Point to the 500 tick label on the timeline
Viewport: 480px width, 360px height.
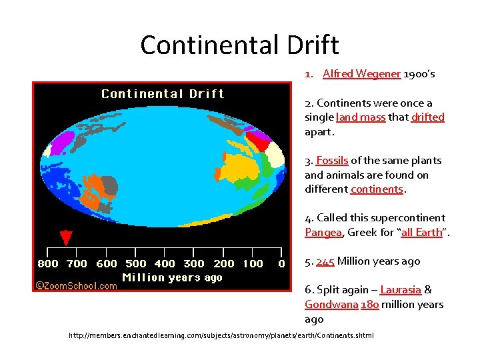click(x=136, y=264)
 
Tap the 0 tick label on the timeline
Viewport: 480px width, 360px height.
click(x=281, y=264)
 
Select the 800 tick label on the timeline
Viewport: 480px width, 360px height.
click(x=48, y=264)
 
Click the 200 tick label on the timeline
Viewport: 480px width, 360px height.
click(x=224, y=264)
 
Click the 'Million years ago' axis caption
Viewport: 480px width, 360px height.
click(x=172, y=277)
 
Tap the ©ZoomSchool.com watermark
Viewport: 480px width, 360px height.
click(x=77, y=286)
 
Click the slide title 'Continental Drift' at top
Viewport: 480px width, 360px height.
click(x=239, y=45)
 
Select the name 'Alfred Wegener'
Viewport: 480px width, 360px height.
click(x=361, y=74)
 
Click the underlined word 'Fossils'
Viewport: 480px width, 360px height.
click(x=332, y=161)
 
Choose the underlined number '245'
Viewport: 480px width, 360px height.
click(x=325, y=261)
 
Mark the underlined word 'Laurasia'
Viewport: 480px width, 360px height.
click(x=400, y=290)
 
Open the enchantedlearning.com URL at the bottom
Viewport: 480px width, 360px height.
click(x=221, y=335)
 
